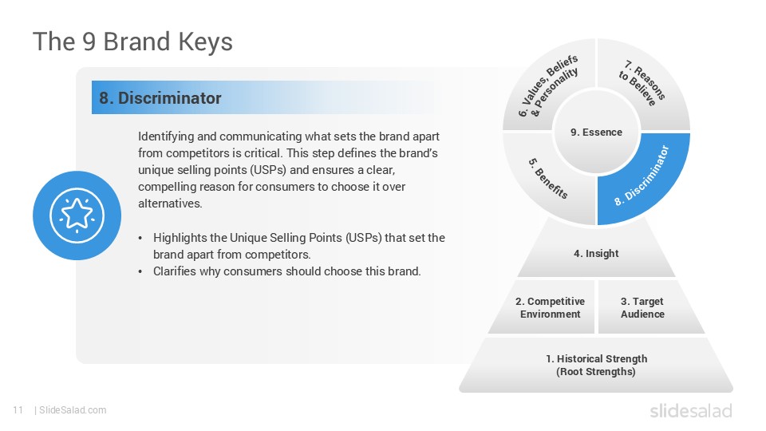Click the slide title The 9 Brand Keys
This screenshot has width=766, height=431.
(x=132, y=42)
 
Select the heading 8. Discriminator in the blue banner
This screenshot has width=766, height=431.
(x=160, y=98)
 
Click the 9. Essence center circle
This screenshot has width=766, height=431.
(x=596, y=132)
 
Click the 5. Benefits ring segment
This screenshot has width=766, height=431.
(x=548, y=177)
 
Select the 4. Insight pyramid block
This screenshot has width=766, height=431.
(x=596, y=254)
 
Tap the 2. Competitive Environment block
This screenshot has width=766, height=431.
(x=550, y=307)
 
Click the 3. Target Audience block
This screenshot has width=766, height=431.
(x=642, y=307)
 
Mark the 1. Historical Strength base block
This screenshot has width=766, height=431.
(x=595, y=365)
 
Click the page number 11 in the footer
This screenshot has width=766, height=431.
(x=18, y=410)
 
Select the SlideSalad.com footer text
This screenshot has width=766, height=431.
(x=72, y=410)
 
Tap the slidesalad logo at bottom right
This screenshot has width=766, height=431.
(x=690, y=410)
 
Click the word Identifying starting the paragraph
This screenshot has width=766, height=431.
(x=164, y=136)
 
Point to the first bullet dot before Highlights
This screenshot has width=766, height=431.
(x=141, y=238)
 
